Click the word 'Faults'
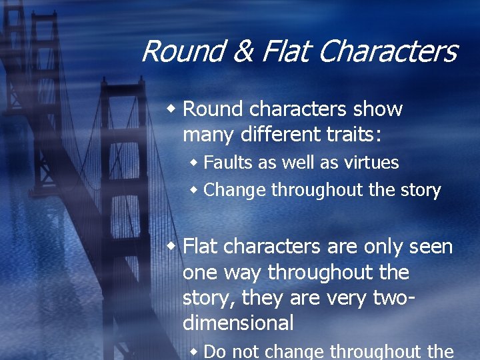(x=227, y=163)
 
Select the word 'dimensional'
(x=238, y=323)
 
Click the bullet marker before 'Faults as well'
(x=193, y=162)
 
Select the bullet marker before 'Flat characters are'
(x=172, y=246)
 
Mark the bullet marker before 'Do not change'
(x=193, y=351)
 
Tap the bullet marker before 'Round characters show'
(x=172, y=108)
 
